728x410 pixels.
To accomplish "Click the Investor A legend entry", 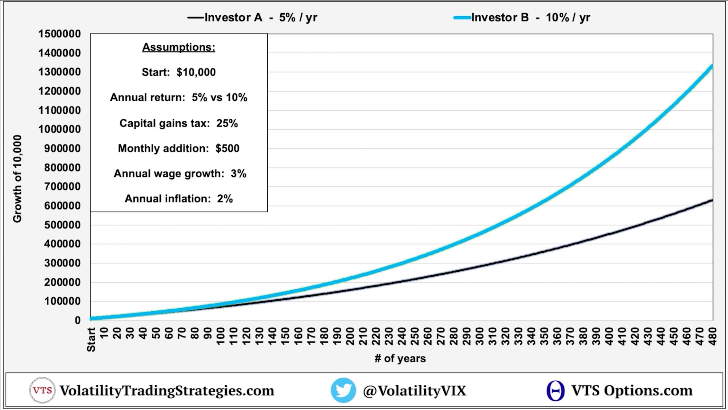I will [252, 18].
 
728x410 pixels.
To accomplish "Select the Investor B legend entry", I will [522, 18].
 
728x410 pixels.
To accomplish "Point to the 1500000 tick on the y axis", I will [60, 34].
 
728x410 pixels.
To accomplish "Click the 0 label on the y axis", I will [78, 320].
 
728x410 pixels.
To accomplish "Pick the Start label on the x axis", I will [91, 340].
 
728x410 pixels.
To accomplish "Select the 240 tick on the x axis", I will [401, 336].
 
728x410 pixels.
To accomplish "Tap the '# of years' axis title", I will [400, 359].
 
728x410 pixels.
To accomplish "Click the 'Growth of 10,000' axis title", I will [17, 179].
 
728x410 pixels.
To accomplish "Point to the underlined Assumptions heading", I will [179, 47].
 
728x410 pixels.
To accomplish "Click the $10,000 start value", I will [196, 72].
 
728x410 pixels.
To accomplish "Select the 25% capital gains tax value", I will [227, 123].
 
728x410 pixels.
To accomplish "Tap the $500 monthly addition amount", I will [227, 148].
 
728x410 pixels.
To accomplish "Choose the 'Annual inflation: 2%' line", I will [179, 199].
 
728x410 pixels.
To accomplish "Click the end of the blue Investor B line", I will [712, 67].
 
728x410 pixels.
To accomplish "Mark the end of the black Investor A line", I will [712, 200].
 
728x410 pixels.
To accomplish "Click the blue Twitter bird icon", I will [343, 390].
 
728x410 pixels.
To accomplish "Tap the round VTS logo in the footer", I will [42, 390].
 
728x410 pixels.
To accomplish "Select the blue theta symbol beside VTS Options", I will [555, 391].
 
